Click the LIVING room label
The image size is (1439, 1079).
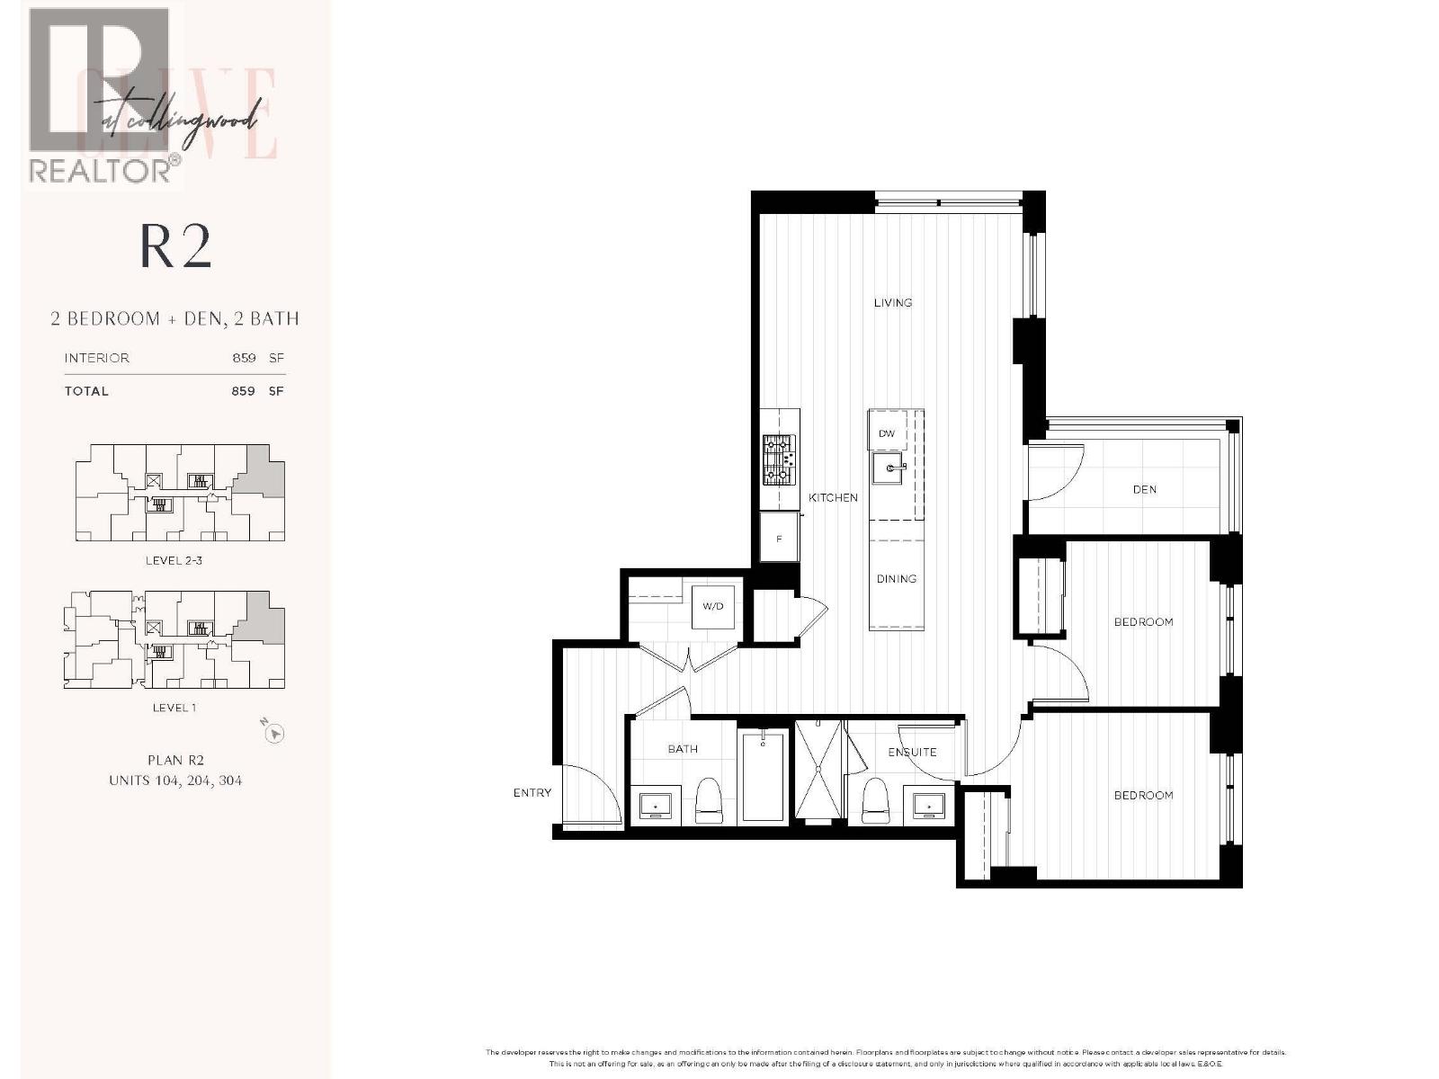[892, 303]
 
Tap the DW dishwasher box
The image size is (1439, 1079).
[887, 433]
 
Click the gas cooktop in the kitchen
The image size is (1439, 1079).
[779, 459]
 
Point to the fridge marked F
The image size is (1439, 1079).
[779, 539]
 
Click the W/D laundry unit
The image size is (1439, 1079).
[712, 606]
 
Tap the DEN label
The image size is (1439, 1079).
[1144, 490]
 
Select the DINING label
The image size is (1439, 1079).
[896, 579]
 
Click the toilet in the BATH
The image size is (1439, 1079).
[709, 803]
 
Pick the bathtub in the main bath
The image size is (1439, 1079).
[764, 775]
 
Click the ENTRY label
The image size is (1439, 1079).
[532, 793]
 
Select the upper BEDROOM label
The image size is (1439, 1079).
[1143, 622]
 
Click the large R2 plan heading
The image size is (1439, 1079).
[175, 247]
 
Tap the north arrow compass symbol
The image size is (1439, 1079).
[274, 733]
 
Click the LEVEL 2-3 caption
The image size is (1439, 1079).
[174, 560]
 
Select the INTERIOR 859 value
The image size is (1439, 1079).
[244, 358]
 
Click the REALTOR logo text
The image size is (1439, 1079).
[101, 171]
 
